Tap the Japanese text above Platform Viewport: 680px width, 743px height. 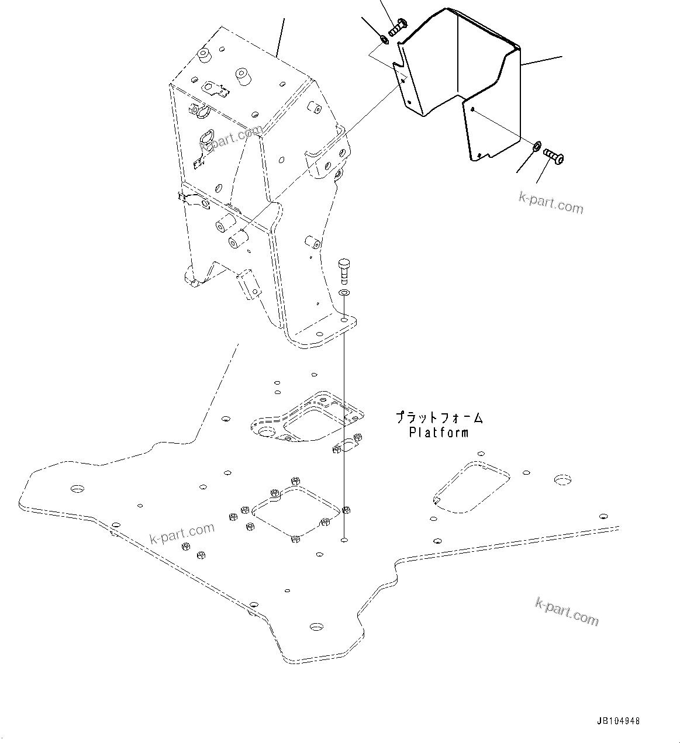439,419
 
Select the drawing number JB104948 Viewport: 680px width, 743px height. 618,721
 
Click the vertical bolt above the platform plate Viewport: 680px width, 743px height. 344,271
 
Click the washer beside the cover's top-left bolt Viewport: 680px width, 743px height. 384,39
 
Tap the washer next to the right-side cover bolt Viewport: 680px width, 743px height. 536,145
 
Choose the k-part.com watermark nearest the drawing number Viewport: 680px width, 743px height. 567,611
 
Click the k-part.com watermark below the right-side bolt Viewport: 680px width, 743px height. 551,202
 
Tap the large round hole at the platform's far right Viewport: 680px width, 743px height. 562,480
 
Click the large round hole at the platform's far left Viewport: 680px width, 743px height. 77,488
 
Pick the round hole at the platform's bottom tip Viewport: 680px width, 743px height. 316,627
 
